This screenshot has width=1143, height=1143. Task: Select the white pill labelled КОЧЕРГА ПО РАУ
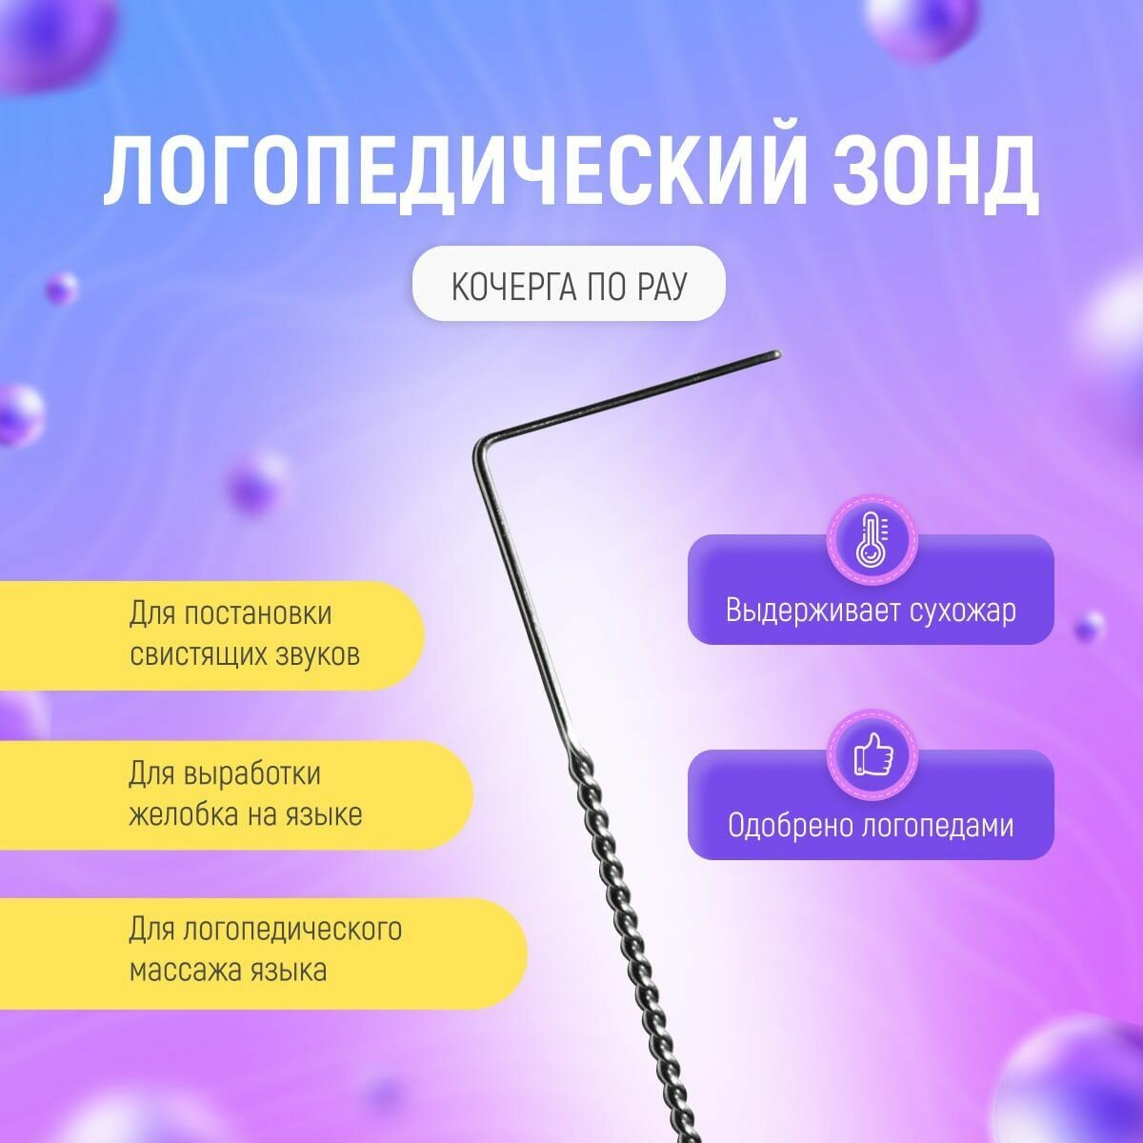[x=568, y=283]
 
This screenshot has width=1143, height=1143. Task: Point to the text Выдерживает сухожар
[x=871, y=610]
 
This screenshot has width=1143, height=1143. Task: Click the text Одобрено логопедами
[x=871, y=825]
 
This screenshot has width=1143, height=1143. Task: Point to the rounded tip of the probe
[x=776, y=355]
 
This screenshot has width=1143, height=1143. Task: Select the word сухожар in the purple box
[x=962, y=610]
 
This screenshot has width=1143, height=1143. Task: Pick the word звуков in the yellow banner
[x=317, y=655]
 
